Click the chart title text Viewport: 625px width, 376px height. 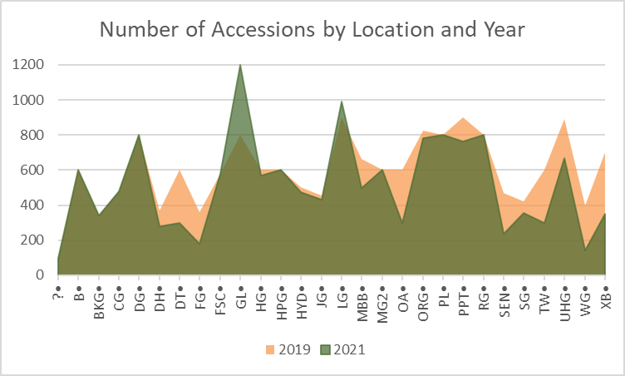click(312, 30)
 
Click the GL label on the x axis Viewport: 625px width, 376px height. click(240, 292)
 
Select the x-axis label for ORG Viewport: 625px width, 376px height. click(424, 296)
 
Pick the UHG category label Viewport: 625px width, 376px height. click(565, 296)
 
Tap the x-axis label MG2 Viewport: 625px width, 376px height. click(383, 296)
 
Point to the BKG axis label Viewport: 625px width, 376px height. click(99, 296)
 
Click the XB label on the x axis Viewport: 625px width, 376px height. click(605, 292)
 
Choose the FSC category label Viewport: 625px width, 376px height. click(220, 295)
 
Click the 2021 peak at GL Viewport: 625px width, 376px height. click(240, 65)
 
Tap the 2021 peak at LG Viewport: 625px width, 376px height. click(342, 101)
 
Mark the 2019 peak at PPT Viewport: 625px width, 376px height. click(463, 117)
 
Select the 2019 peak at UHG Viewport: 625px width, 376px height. click(564, 119)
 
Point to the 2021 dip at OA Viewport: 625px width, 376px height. click(402, 222)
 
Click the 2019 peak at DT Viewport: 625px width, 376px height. click(180, 170)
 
